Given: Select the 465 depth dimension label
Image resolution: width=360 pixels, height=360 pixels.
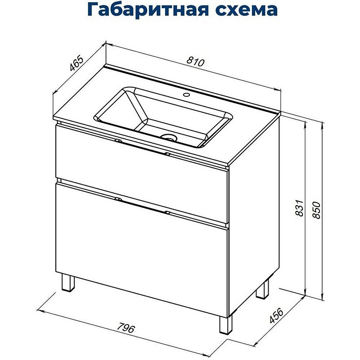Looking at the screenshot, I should [77, 63].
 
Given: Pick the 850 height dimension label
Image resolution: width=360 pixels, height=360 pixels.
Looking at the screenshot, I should [318, 208].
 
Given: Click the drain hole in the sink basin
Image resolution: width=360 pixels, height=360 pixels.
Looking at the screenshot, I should [170, 138].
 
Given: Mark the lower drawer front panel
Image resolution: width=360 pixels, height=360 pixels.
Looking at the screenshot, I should [139, 243].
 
